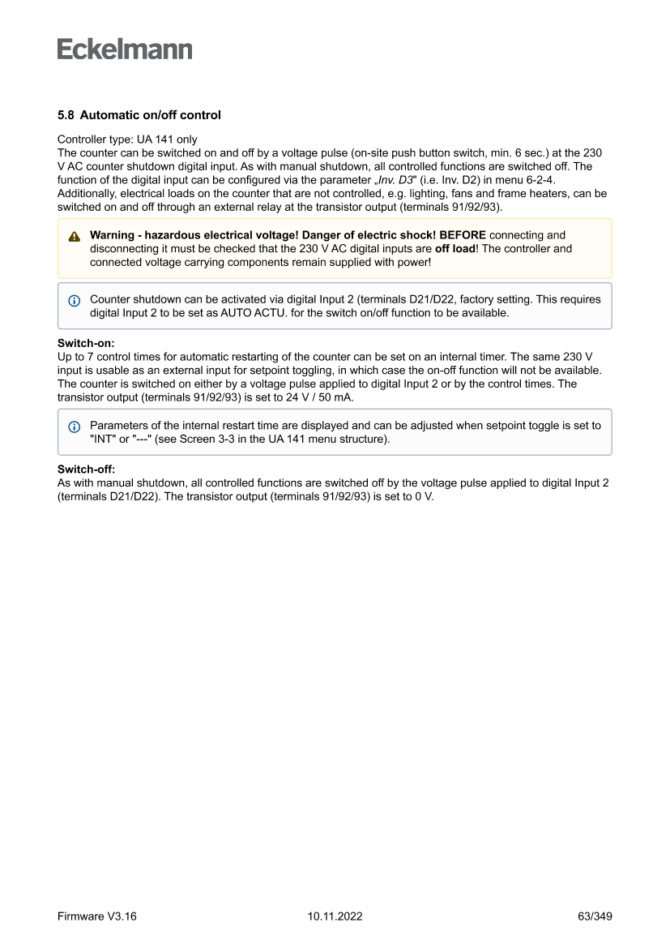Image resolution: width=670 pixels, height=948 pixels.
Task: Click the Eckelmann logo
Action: (125, 49)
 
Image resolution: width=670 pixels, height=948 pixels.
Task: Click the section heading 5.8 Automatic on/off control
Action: (139, 115)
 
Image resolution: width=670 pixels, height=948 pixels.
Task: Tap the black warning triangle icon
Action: (75, 237)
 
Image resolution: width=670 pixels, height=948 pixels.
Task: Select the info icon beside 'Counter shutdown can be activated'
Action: (75, 300)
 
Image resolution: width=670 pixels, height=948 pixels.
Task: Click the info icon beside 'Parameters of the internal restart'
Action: (75, 427)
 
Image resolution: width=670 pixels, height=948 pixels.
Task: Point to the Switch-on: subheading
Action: (86, 343)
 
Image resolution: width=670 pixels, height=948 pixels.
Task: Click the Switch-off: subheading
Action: (87, 470)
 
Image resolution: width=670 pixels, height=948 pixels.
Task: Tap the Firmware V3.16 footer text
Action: (97, 916)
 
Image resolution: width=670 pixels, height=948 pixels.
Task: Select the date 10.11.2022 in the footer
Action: (335, 916)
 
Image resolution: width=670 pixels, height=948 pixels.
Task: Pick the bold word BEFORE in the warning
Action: (463, 235)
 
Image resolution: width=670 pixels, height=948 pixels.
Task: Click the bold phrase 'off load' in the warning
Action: (458, 249)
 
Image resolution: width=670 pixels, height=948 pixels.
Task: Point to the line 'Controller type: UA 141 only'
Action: (127, 139)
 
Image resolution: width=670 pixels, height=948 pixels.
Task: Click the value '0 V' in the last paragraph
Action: (422, 497)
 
